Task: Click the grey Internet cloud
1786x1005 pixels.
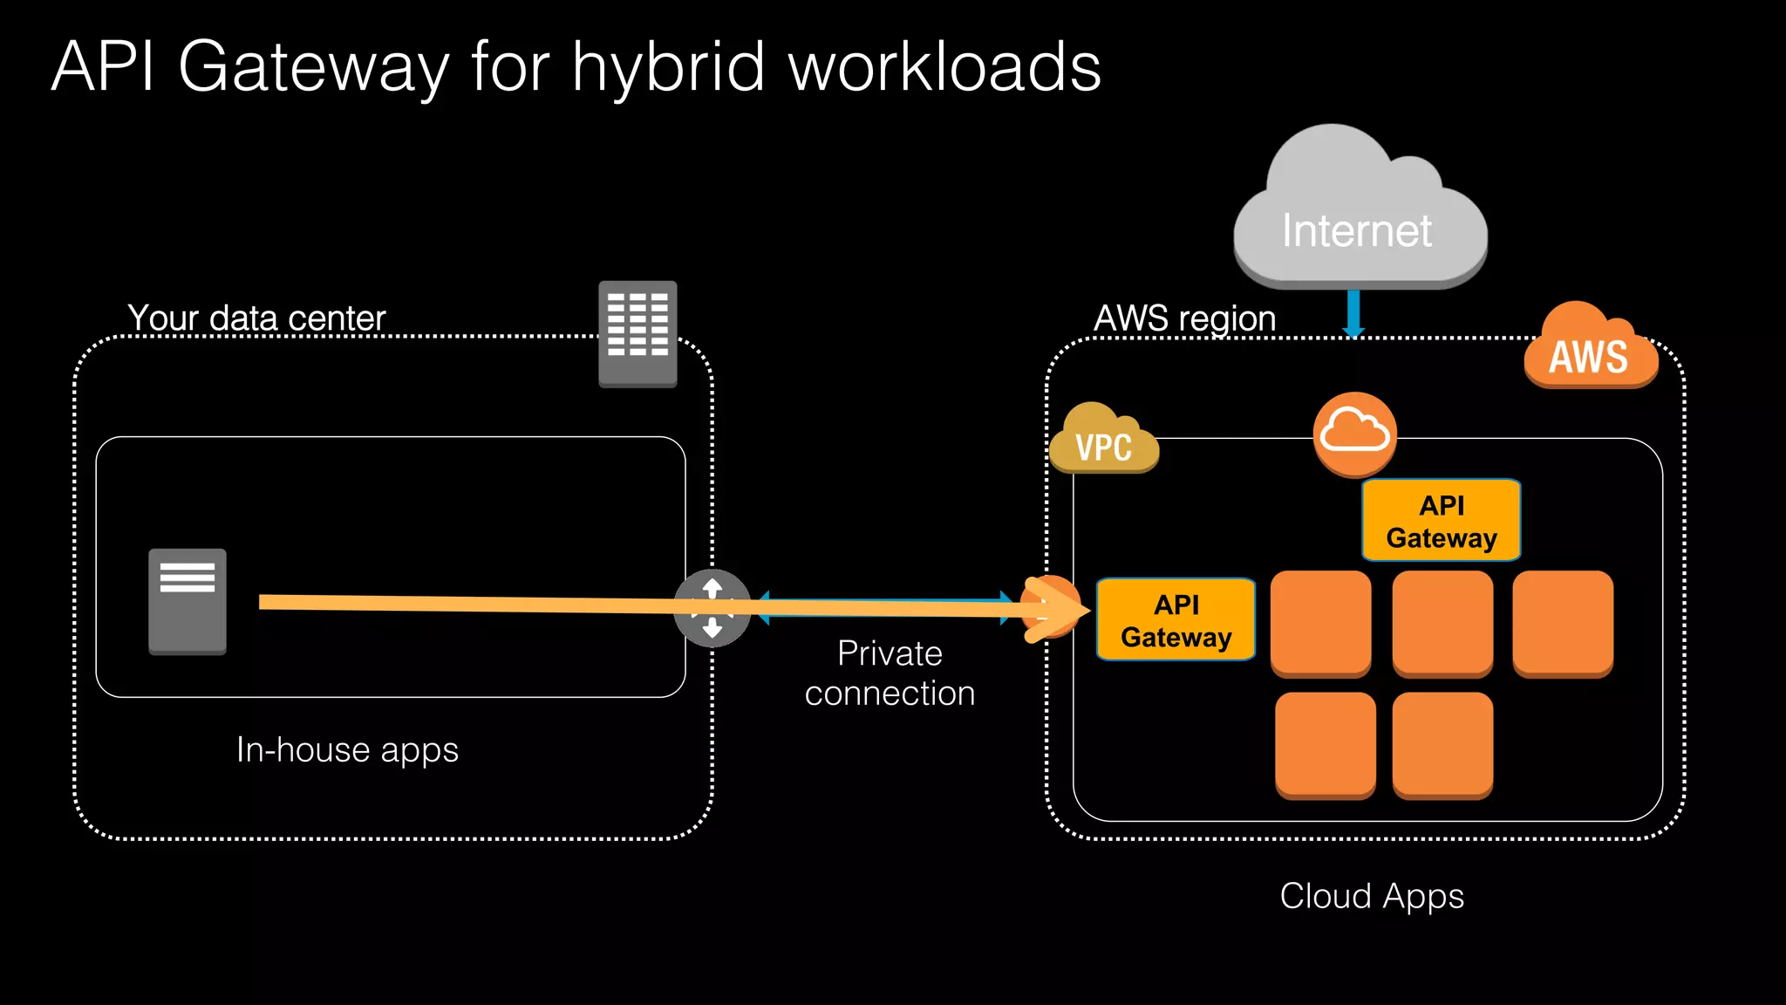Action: click(1359, 218)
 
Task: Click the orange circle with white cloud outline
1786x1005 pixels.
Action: click(1354, 434)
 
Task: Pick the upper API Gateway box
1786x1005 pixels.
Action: click(1441, 521)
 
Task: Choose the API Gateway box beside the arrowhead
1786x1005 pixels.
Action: click(1176, 620)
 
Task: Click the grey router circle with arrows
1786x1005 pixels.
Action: click(712, 608)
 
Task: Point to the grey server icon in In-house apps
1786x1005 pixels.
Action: click(187, 601)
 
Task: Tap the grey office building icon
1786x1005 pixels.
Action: click(637, 333)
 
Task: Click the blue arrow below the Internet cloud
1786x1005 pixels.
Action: click(1353, 313)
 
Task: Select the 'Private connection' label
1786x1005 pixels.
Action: click(890, 673)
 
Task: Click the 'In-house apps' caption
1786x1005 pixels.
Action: click(347, 750)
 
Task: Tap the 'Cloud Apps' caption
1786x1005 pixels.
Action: click(1372, 896)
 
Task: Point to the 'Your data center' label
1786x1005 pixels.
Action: click(256, 318)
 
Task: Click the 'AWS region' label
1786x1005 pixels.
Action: click(1184, 318)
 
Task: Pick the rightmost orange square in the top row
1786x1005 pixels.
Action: click(1562, 623)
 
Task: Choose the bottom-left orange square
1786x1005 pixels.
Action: click(1325, 744)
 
